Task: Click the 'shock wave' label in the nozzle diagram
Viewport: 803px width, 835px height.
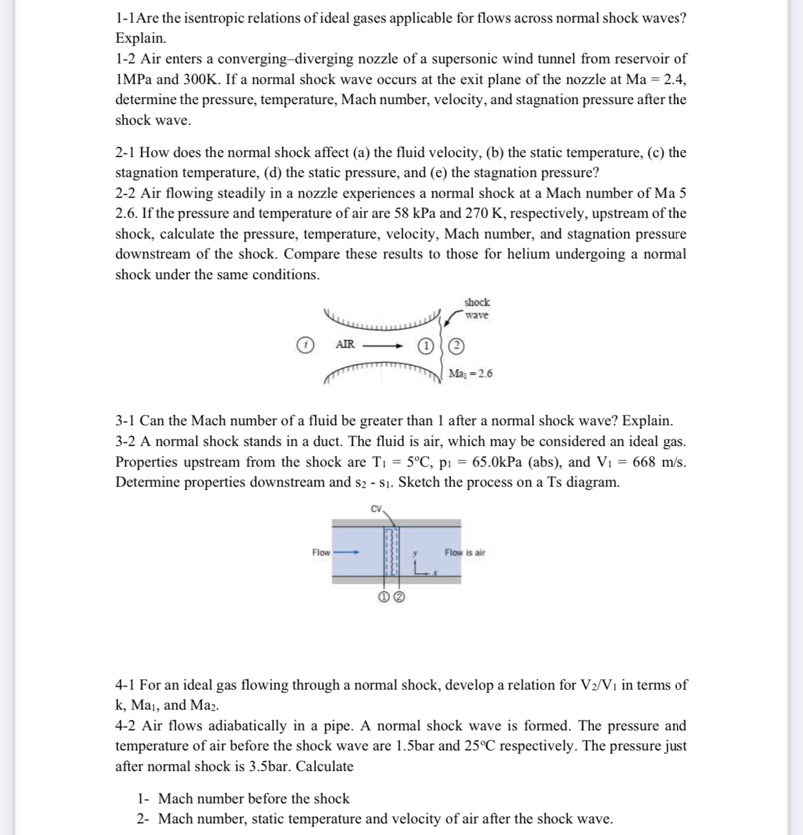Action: (476, 308)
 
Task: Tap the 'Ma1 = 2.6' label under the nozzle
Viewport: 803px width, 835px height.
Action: (470, 374)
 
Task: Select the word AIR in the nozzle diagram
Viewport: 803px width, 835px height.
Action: (345, 344)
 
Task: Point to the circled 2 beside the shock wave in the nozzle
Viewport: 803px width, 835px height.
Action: (456, 346)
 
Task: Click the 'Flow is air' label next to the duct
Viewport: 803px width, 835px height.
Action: (464, 553)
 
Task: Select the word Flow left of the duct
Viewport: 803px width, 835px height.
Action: (321, 553)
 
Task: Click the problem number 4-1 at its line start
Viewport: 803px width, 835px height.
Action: (125, 685)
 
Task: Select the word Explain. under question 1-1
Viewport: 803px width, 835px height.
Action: (140, 38)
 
